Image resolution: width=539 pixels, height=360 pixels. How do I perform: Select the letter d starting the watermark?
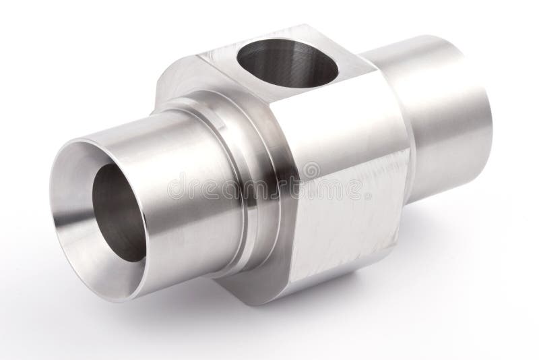[174, 187]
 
